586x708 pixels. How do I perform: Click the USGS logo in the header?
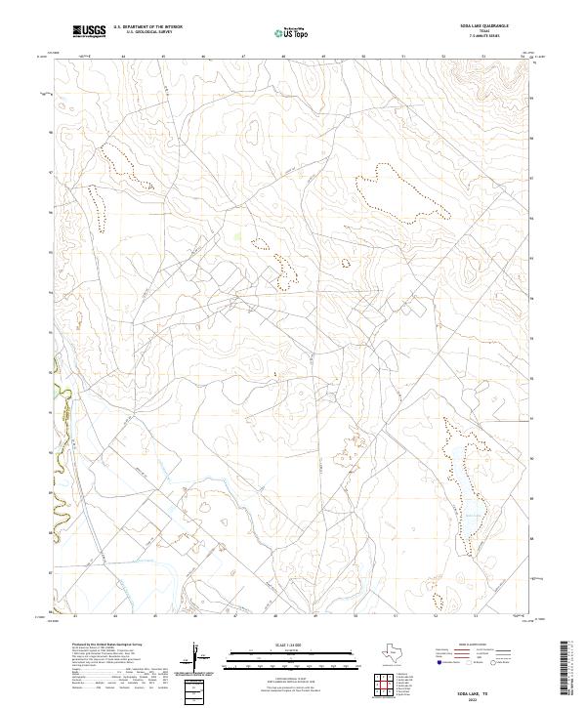[89, 31]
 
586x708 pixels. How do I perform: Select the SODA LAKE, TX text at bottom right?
[491, 689]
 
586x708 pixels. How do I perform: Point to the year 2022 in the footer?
[491, 697]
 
